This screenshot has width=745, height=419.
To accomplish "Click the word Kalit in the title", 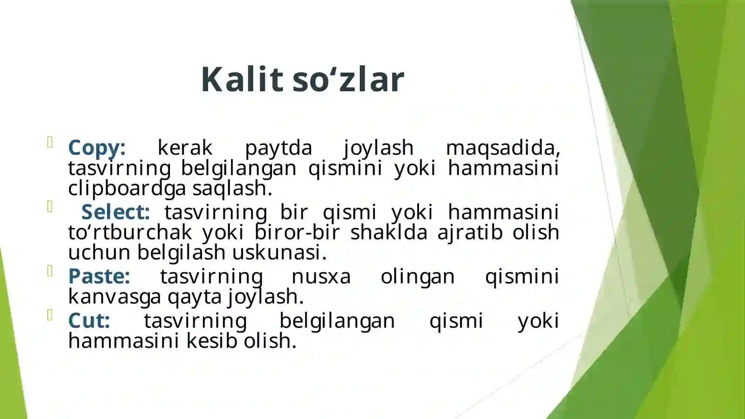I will [x=242, y=79].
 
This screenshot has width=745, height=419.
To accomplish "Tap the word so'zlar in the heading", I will [x=348, y=79].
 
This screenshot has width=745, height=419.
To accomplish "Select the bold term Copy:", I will [x=97, y=148].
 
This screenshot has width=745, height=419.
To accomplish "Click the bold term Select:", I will [x=115, y=212].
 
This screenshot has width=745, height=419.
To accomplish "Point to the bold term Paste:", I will [x=99, y=276].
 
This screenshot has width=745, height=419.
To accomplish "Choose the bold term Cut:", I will [x=89, y=321].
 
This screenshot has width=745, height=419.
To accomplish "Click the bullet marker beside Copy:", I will [x=50, y=142].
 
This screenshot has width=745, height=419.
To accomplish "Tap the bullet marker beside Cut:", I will [x=50, y=316].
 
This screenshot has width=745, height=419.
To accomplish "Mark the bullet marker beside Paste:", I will [x=50, y=271].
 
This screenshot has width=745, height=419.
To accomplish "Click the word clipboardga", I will [x=127, y=188].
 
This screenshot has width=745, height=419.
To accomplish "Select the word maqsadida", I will [x=502, y=148].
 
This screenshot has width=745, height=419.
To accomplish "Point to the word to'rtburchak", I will [x=130, y=232].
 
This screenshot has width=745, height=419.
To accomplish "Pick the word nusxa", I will [x=321, y=276].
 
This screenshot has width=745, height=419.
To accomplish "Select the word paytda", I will [x=278, y=148].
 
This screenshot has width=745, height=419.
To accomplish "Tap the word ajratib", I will [x=470, y=232].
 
